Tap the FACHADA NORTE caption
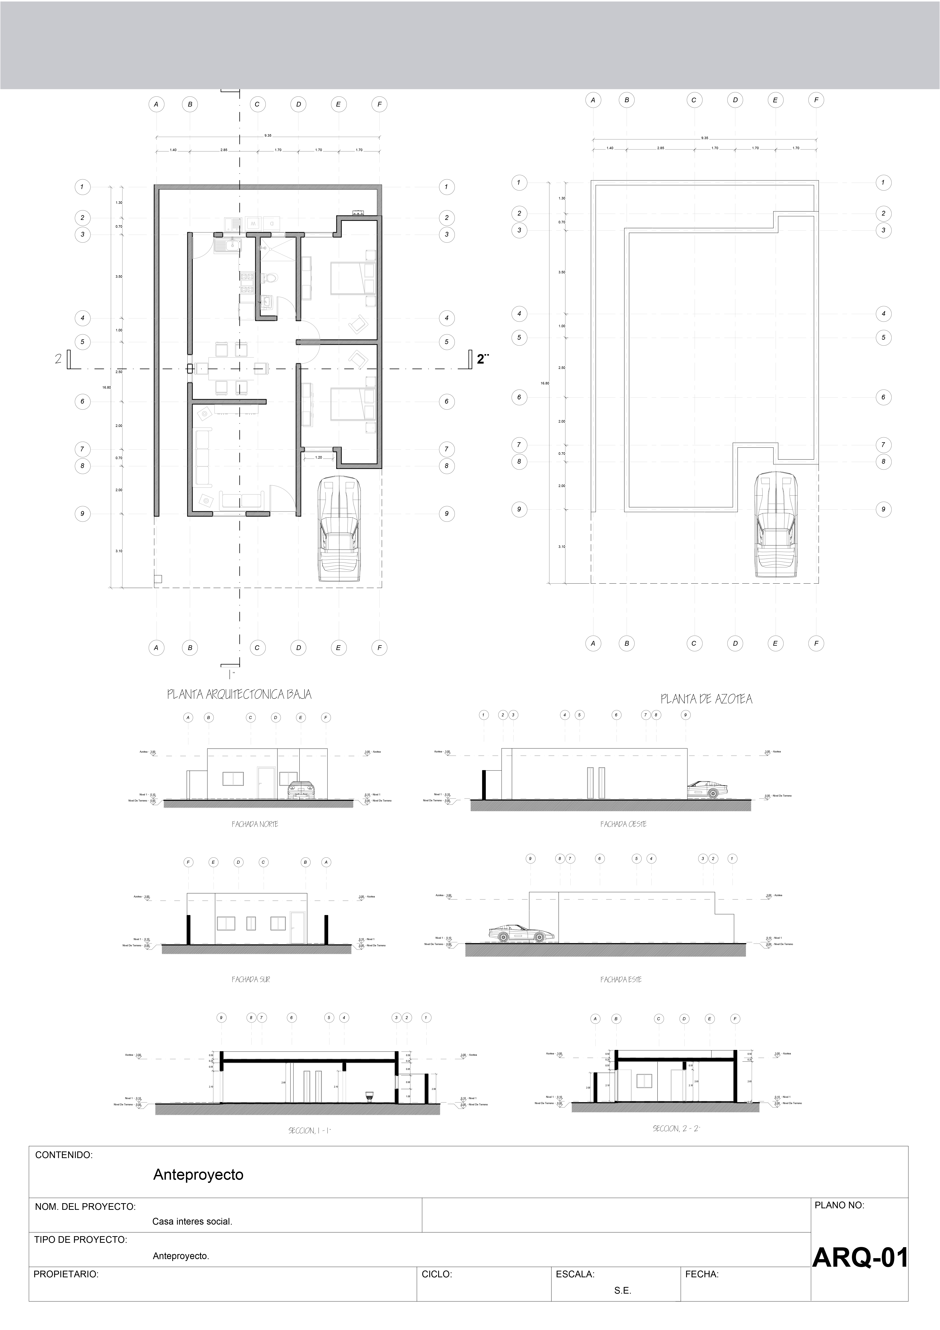coord(255,824)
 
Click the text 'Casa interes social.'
coord(192,1221)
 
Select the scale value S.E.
coord(623,1291)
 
